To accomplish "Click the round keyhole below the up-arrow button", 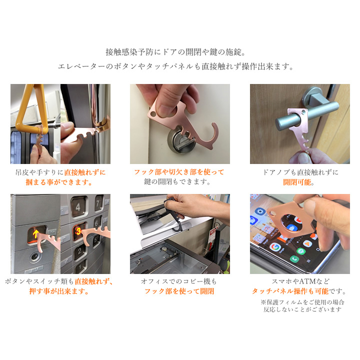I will (x=34, y=258).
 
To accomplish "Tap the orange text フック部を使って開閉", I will (x=179, y=291).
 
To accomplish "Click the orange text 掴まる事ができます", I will (x=60, y=182).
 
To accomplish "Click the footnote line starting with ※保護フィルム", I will (x=302, y=302).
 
